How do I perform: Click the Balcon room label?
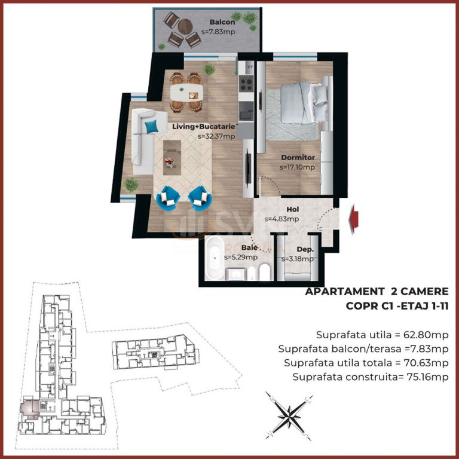click(222, 22)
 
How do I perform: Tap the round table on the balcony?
click(185, 27)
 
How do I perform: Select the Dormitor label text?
click(298, 158)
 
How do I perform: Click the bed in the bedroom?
click(304, 103)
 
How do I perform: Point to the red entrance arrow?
click(354, 219)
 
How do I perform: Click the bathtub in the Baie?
click(215, 258)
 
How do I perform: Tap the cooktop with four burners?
click(246, 84)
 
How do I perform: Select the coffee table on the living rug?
click(172, 158)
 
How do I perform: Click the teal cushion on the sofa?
click(152, 127)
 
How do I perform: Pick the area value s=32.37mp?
click(216, 136)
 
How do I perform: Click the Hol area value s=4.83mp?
click(281, 219)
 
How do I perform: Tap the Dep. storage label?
click(305, 249)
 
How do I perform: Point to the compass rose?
click(289, 416)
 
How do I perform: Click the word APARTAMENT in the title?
click(344, 292)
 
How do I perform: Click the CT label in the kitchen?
click(250, 67)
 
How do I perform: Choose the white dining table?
click(186, 93)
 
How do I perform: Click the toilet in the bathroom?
click(265, 272)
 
